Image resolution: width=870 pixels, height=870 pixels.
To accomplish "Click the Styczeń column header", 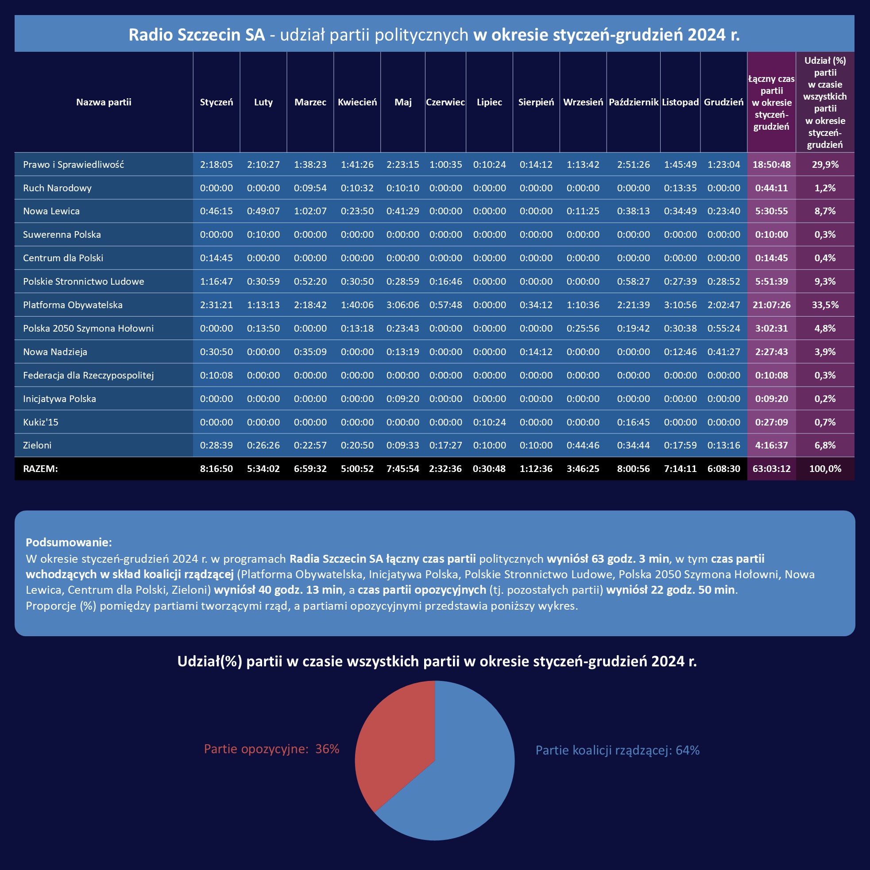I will click(x=216, y=102).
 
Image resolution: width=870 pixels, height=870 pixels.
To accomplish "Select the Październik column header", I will click(x=633, y=102).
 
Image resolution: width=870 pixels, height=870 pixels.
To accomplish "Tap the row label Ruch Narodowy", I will click(x=57, y=188).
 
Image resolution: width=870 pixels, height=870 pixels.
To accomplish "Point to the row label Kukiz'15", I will click(x=41, y=422).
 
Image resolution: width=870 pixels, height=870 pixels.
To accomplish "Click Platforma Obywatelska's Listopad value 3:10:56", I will click(x=680, y=305).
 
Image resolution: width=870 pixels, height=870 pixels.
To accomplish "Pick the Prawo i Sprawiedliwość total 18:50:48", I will click(x=771, y=164).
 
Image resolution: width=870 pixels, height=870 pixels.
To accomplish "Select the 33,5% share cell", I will click(x=825, y=305).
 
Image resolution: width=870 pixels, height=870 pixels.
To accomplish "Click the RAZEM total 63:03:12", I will click(x=771, y=468).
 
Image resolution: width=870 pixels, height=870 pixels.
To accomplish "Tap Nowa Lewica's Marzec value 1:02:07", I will click(x=310, y=211).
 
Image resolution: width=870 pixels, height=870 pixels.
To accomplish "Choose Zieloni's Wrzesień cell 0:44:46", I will click(x=583, y=445).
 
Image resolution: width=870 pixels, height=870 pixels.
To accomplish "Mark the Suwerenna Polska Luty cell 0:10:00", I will click(x=263, y=235).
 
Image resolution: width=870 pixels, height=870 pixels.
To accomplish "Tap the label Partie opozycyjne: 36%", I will click(x=271, y=749).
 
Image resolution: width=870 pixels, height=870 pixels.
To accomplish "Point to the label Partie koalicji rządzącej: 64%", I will click(x=617, y=750).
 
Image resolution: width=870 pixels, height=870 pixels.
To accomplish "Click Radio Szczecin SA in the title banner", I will click(x=197, y=35).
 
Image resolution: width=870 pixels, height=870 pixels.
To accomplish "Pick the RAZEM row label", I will click(x=41, y=468).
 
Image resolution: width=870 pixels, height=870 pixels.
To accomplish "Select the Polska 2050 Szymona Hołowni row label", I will click(x=88, y=328).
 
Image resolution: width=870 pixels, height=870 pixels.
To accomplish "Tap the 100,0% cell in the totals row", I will click(x=825, y=468).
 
